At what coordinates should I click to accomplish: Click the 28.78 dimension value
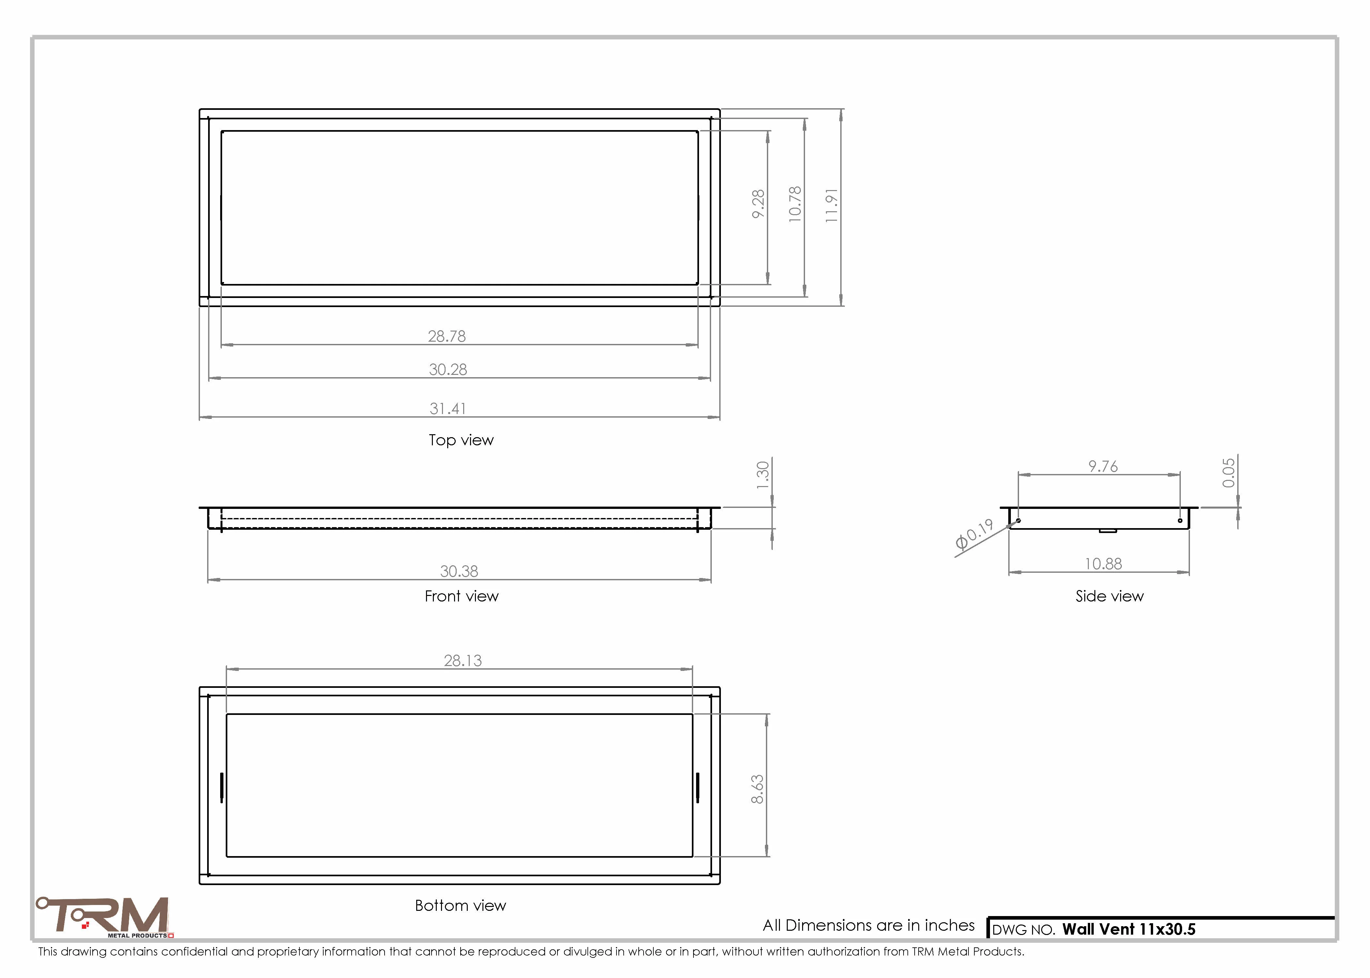[447, 336]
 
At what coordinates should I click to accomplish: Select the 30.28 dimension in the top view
[448, 369]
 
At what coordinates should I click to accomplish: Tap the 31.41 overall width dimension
[448, 408]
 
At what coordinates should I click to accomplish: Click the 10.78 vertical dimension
[795, 204]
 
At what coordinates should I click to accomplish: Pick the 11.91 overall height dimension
[831, 205]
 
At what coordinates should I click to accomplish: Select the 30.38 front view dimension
[459, 571]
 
